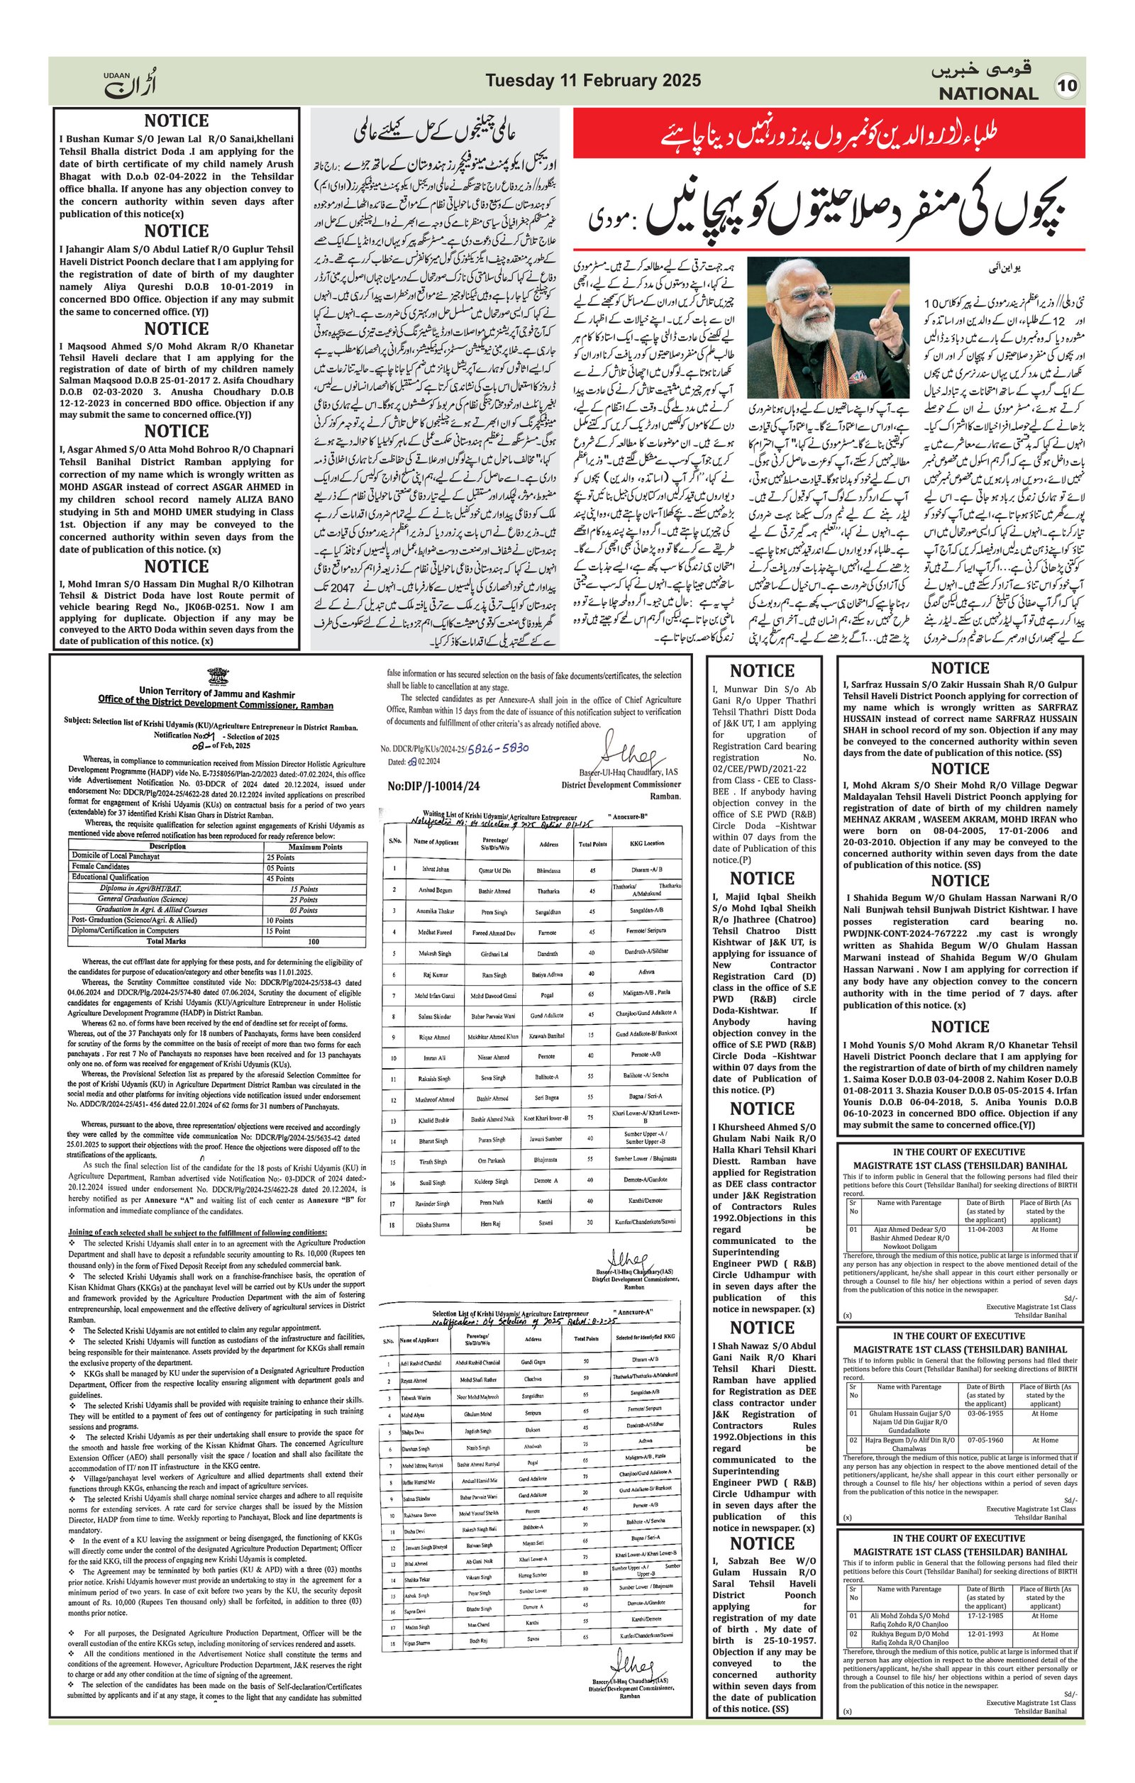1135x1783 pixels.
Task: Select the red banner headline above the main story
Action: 829,135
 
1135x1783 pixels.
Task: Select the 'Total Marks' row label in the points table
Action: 166,941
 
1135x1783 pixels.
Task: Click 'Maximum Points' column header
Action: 315,846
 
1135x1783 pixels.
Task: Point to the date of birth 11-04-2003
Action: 985,1228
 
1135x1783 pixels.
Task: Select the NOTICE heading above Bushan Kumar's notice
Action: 176,121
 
